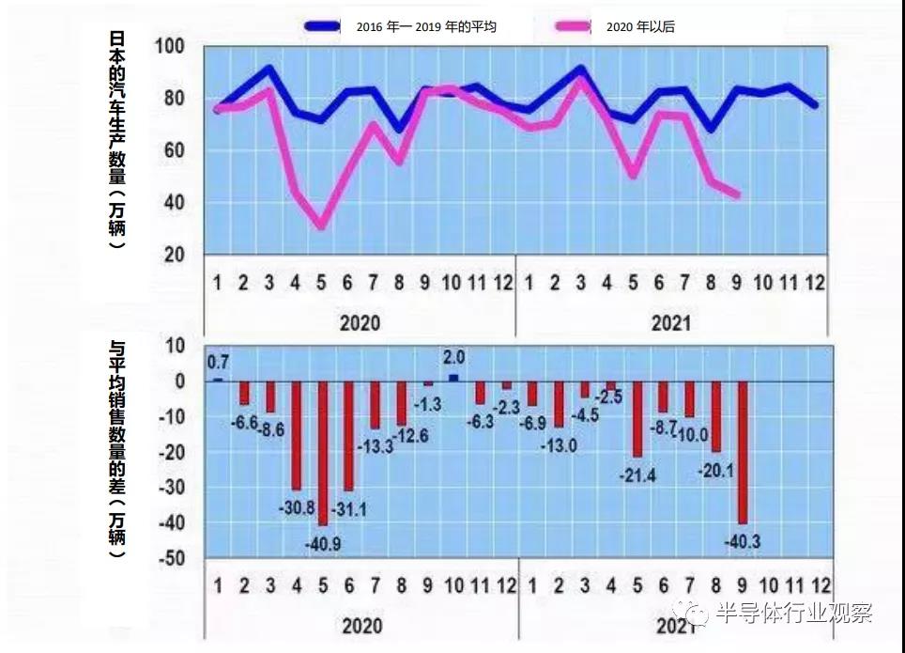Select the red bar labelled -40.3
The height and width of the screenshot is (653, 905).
(742, 451)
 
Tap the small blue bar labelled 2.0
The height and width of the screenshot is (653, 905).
(453, 378)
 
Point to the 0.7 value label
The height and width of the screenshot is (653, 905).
(218, 362)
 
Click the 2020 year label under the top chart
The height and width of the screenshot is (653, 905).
(360, 323)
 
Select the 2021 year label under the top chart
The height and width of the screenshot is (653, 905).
(670, 323)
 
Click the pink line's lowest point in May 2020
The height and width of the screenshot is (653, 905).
(322, 226)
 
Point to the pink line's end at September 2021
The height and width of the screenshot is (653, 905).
(738, 195)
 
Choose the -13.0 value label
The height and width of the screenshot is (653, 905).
(559, 446)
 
